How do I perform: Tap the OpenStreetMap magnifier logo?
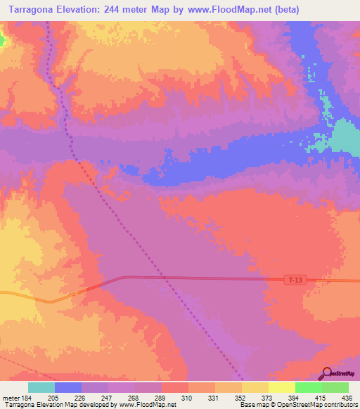(327, 372)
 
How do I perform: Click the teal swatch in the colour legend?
(41, 387)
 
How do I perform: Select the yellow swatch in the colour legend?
(281, 387)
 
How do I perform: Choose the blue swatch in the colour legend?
(67, 387)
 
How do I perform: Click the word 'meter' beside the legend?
(9, 397)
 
